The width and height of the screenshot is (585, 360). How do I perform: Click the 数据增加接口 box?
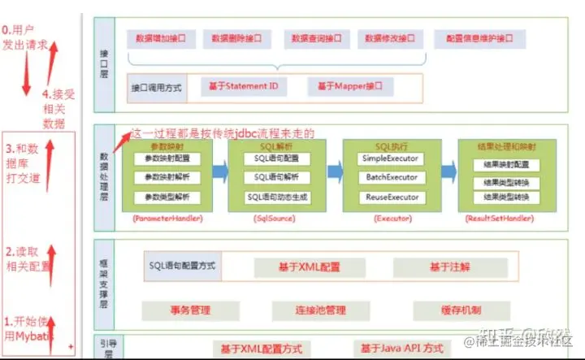[x=162, y=39]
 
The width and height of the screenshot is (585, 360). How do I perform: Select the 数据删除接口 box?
[x=238, y=39]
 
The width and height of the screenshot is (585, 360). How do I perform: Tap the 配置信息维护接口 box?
[x=479, y=39]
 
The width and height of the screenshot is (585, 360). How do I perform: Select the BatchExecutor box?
[x=392, y=177]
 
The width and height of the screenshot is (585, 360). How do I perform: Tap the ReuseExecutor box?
[x=392, y=197]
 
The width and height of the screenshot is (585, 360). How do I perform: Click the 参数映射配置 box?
[x=167, y=158]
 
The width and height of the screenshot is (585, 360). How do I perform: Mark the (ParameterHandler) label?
[x=167, y=219]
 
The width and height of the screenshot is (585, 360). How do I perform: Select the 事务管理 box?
[x=191, y=310]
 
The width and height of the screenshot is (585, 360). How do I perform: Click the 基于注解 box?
[x=450, y=267]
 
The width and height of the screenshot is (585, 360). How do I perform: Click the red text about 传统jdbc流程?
[x=223, y=132]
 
